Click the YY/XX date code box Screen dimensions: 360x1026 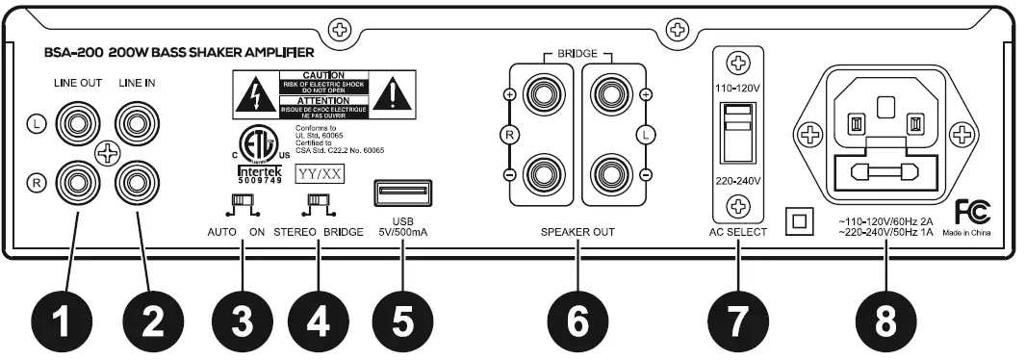point(318,175)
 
